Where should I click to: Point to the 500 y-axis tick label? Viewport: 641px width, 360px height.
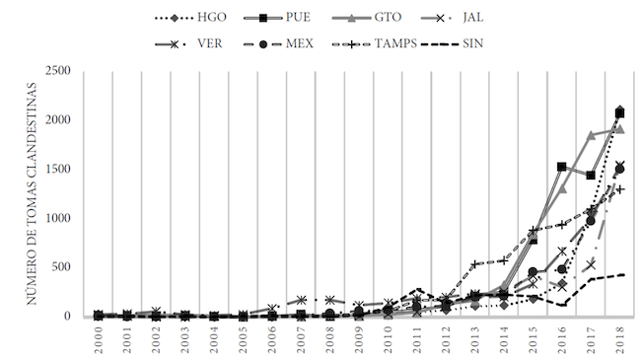click(x=62, y=267)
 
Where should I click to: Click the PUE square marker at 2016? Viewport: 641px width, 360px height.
click(x=561, y=167)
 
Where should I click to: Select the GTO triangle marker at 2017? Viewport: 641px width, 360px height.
click(x=591, y=135)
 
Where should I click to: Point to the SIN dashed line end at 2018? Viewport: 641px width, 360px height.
click(x=621, y=275)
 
